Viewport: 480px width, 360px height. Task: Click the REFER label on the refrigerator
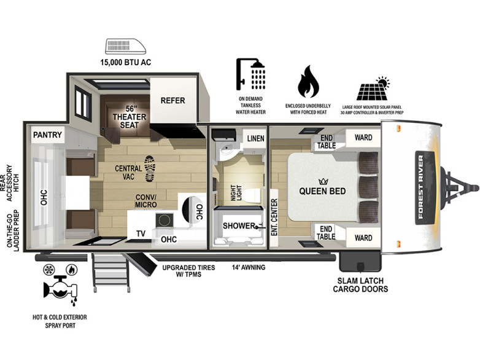click(172, 101)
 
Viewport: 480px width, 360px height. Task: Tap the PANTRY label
click(47, 135)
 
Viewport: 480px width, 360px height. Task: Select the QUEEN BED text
click(322, 191)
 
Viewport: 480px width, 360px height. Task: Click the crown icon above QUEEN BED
click(323, 182)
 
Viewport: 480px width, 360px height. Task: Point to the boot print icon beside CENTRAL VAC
click(150, 168)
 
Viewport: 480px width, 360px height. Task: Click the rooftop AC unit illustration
click(126, 46)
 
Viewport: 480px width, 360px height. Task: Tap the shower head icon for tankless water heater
click(250, 74)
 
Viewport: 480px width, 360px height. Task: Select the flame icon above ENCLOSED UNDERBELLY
click(308, 81)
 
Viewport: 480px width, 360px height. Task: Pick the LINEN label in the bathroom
click(255, 138)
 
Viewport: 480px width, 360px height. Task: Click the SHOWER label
click(239, 226)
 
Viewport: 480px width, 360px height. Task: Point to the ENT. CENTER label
click(274, 217)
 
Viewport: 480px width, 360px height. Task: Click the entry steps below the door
click(110, 273)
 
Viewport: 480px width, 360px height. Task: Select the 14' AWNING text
click(249, 267)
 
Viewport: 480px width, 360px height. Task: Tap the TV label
click(141, 234)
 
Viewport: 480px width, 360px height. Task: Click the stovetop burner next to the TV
click(165, 221)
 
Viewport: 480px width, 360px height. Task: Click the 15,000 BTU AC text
click(126, 63)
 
